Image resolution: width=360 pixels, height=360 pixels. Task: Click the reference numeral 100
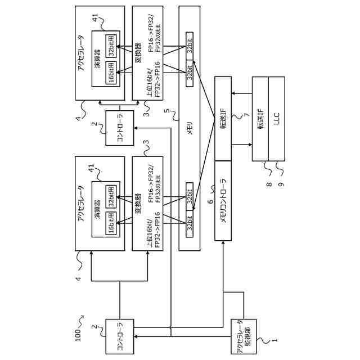point(78,335)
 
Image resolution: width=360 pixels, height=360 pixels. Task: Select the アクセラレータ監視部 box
point(244,336)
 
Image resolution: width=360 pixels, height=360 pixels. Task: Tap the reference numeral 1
point(274,340)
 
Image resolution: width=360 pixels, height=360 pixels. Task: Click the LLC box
point(277,119)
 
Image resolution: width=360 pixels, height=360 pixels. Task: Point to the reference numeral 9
point(281,184)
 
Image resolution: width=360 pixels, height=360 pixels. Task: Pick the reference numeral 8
point(269,184)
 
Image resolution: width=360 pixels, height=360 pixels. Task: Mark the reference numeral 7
point(247,114)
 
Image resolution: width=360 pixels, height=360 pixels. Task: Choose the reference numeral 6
point(210,201)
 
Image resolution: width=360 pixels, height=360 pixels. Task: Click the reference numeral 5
point(167,111)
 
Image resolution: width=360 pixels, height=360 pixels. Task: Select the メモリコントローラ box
point(223,201)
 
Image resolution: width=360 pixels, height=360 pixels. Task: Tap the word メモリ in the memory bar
point(190,128)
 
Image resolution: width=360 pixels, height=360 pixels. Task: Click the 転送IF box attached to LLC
point(260,119)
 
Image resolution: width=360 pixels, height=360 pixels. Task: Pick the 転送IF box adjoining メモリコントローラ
point(223,119)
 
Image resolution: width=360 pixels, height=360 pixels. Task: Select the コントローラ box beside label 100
point(120,336)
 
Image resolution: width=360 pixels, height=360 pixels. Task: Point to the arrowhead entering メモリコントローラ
point(223,242)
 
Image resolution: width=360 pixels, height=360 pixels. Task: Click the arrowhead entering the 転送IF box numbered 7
point(233,93)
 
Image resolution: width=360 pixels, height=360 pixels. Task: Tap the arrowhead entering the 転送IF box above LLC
point(250,145)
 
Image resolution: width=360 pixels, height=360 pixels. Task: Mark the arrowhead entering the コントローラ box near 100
point(136,336)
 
